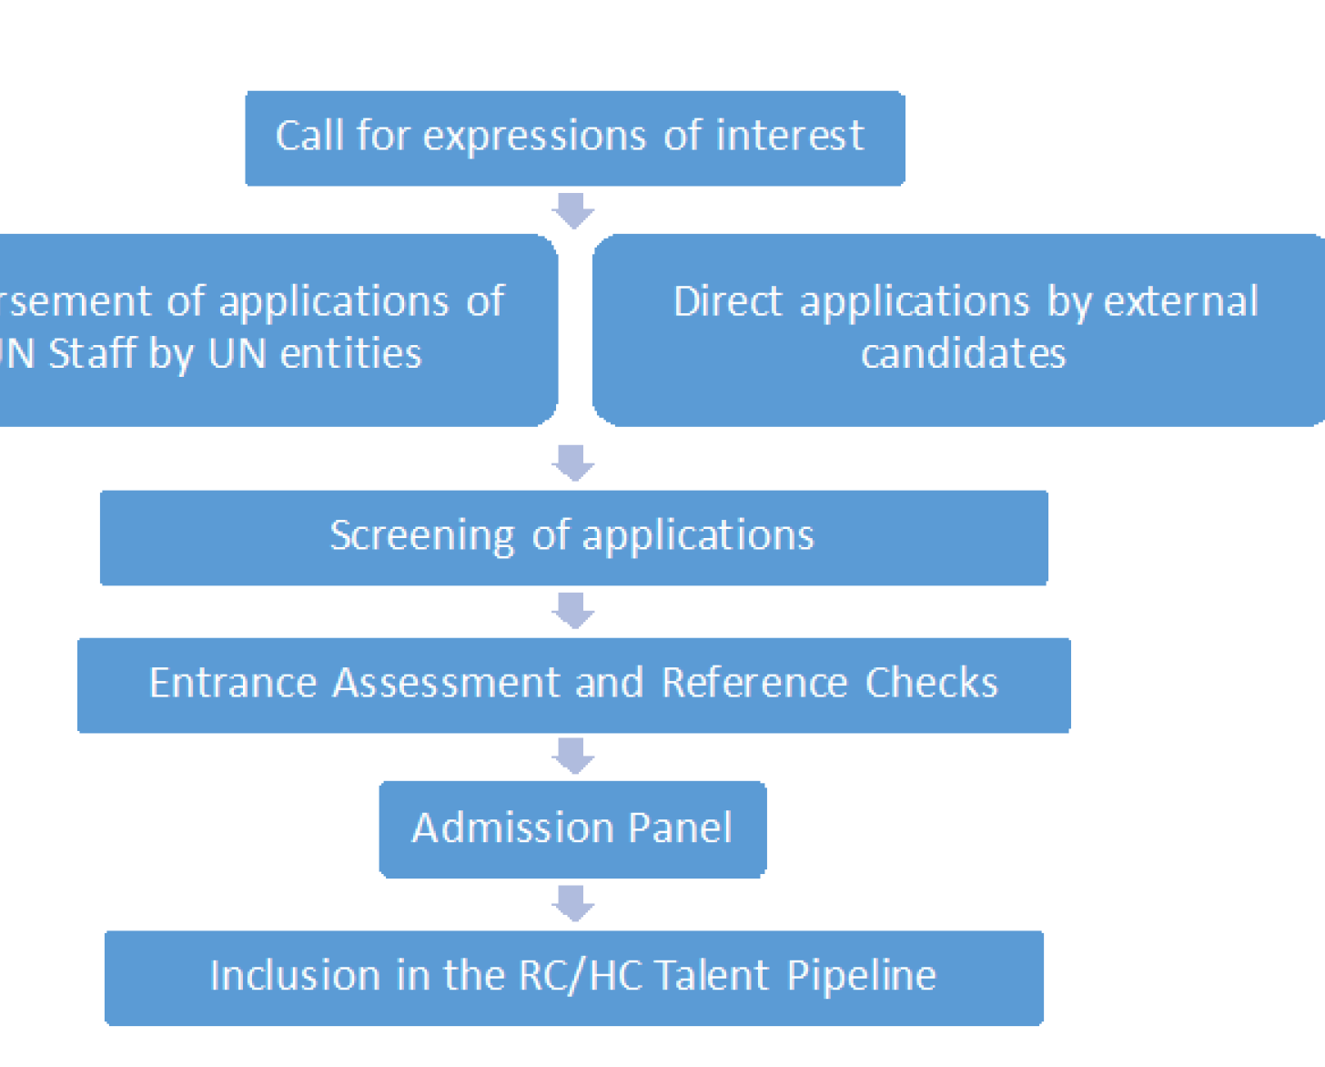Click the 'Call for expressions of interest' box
pos(574,138)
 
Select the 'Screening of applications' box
pos(573,537)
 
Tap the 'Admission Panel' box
pos(572,828)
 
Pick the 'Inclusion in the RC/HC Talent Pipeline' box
pos(573,977)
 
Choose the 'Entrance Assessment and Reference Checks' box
pos(573,685)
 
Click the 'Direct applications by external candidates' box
pos(960,330)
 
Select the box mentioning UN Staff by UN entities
pos(273,330)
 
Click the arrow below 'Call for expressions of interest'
pos(573,210)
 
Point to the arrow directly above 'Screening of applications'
pos(573,462)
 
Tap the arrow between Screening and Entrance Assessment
pos(573,610)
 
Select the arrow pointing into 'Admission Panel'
pos(573,756)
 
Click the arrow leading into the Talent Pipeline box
pos(573,903)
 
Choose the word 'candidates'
pos(963,353)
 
